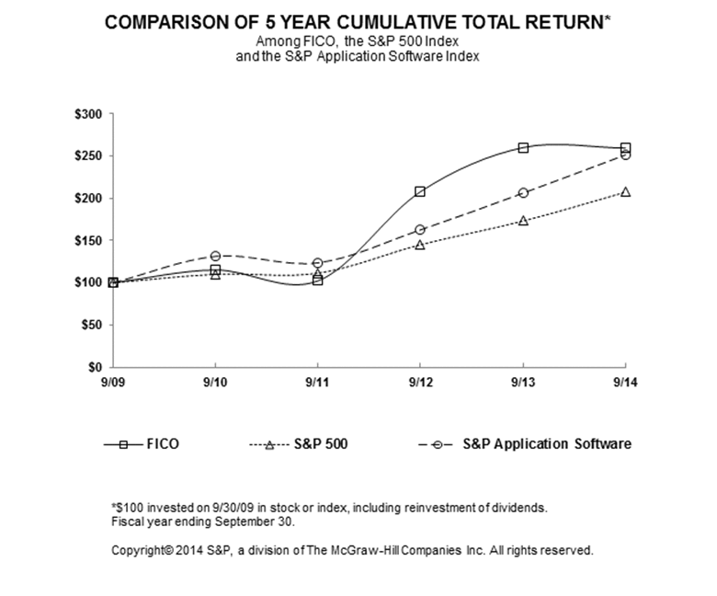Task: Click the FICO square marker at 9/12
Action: [x=420, y=191]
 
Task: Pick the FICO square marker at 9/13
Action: [x=523, y=148]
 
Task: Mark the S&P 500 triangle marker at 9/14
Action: [x=625, y=192]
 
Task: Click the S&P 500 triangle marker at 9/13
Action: [x=523, y=221]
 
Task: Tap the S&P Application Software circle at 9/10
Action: [x=215, y=256]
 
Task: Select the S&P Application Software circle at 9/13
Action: [x=523, y=192]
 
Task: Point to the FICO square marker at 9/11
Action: [x=318, y=280]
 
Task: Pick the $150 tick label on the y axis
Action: [x=92, y=240]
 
